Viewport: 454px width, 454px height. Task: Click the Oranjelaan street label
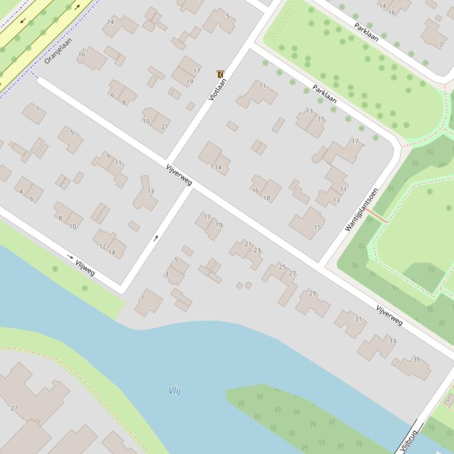58,51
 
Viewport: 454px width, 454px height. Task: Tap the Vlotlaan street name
217,89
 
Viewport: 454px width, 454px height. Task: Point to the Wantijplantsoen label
361,209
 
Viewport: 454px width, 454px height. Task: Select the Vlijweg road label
85,268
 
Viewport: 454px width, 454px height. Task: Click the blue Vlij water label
175,390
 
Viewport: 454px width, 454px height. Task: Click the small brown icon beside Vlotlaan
221,74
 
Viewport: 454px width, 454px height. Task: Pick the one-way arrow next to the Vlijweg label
70,256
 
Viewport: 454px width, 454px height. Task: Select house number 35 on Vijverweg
416,360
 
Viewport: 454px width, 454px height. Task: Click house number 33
392,341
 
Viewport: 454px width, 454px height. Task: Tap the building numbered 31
358,319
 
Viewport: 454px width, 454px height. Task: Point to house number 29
312,294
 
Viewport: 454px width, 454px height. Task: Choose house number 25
282,267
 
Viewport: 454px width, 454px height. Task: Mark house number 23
257,251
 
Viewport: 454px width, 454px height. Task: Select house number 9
108,156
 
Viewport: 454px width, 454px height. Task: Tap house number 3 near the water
167,274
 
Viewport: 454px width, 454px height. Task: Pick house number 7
440,44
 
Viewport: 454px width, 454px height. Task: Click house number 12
102,246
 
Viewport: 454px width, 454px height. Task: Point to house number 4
21,192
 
